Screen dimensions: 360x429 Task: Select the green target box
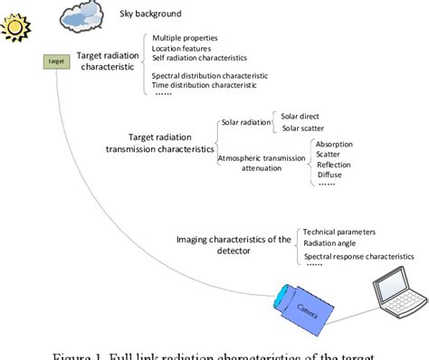(56, 62)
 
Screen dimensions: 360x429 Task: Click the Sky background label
(150, 14)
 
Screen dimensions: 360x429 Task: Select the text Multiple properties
(186, 38)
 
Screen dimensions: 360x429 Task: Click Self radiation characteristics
(201, 58)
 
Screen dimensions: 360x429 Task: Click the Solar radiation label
(247, 122)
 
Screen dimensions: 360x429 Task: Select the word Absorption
(334, 144)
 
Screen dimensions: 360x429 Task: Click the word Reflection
(334, 165)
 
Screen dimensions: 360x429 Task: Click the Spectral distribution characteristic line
(210, 75)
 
